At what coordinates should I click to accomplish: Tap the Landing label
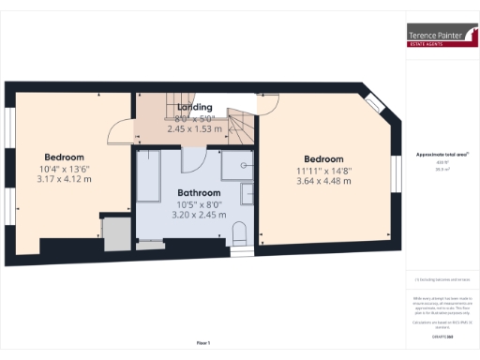click(x=195, y=108)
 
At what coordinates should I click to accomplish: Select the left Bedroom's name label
click(x=64, y=157)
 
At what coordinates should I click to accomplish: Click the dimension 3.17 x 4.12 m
click(x=64, y=178)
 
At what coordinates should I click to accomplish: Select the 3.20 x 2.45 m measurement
click(x=200, y=214)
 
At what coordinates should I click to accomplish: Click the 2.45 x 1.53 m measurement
click(x=195, y=128)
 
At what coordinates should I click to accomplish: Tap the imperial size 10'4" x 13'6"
click(x=64, y=168)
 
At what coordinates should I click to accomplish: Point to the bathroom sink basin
click(x=247, y=165)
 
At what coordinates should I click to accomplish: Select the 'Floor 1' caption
click(x=203, y=343)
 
